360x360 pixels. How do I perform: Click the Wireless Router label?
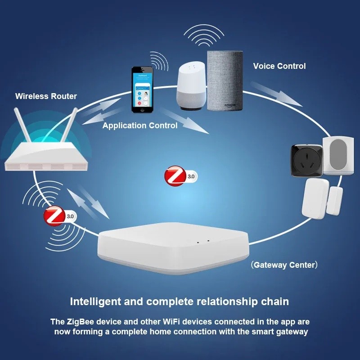point(46,96)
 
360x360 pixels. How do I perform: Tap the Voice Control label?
point(279,66)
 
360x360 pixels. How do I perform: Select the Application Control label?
point(139,126)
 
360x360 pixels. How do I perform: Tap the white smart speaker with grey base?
point(191,85)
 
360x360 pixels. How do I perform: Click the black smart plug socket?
point(306,160)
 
